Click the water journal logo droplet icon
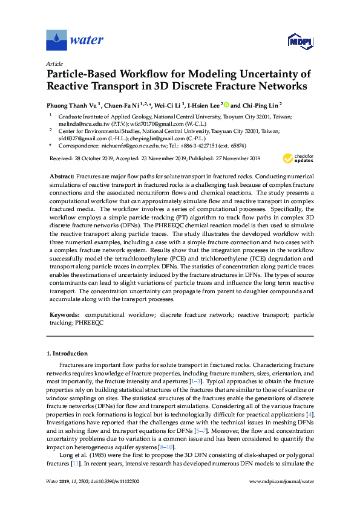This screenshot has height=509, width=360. coord(57,41)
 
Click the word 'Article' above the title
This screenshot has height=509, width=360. coord(54,63)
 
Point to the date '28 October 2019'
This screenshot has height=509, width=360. coord(94,158)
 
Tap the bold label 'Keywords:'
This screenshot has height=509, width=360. coord(64,315)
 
